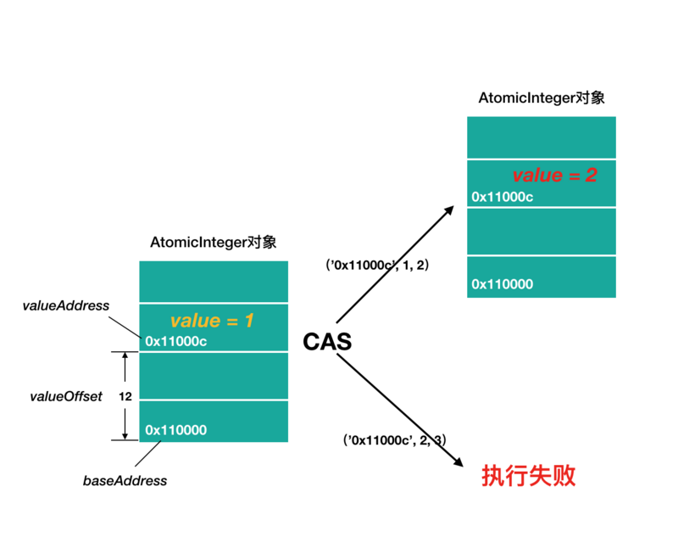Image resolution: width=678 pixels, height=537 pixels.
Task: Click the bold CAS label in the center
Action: click(327, 342)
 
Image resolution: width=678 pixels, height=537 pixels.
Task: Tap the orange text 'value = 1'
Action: click(212, 321)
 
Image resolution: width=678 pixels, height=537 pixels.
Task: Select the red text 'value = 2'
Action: click(554, 176)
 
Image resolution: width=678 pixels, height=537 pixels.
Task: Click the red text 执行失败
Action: click(528, 476)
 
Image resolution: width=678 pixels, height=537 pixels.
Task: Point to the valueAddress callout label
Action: click(65, 305)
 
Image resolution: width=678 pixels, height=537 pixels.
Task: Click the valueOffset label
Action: click(65, 396)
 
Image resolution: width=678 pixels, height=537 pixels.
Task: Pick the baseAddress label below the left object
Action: click(125, 481)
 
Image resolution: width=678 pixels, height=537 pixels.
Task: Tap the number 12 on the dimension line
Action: click(125, 396)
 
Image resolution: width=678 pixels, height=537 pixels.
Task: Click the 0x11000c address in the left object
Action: click(176, 341)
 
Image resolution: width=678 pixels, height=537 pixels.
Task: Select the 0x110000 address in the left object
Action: click(175, 430)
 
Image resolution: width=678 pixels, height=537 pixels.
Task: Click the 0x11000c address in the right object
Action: click(503, 197)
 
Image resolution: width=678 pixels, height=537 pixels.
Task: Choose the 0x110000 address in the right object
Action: click(502, 284)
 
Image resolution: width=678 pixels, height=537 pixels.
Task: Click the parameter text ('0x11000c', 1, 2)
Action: click(378, 265)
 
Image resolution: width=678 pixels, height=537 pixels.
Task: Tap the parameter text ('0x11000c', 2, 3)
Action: click(395, 439)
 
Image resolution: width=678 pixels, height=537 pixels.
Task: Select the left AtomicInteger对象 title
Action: click(214, 243)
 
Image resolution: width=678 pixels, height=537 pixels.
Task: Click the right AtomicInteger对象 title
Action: click(542, 98)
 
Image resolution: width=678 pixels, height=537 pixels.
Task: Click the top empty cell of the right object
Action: click(541, 137)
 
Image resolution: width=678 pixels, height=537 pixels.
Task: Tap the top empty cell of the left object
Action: click(214, 282)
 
